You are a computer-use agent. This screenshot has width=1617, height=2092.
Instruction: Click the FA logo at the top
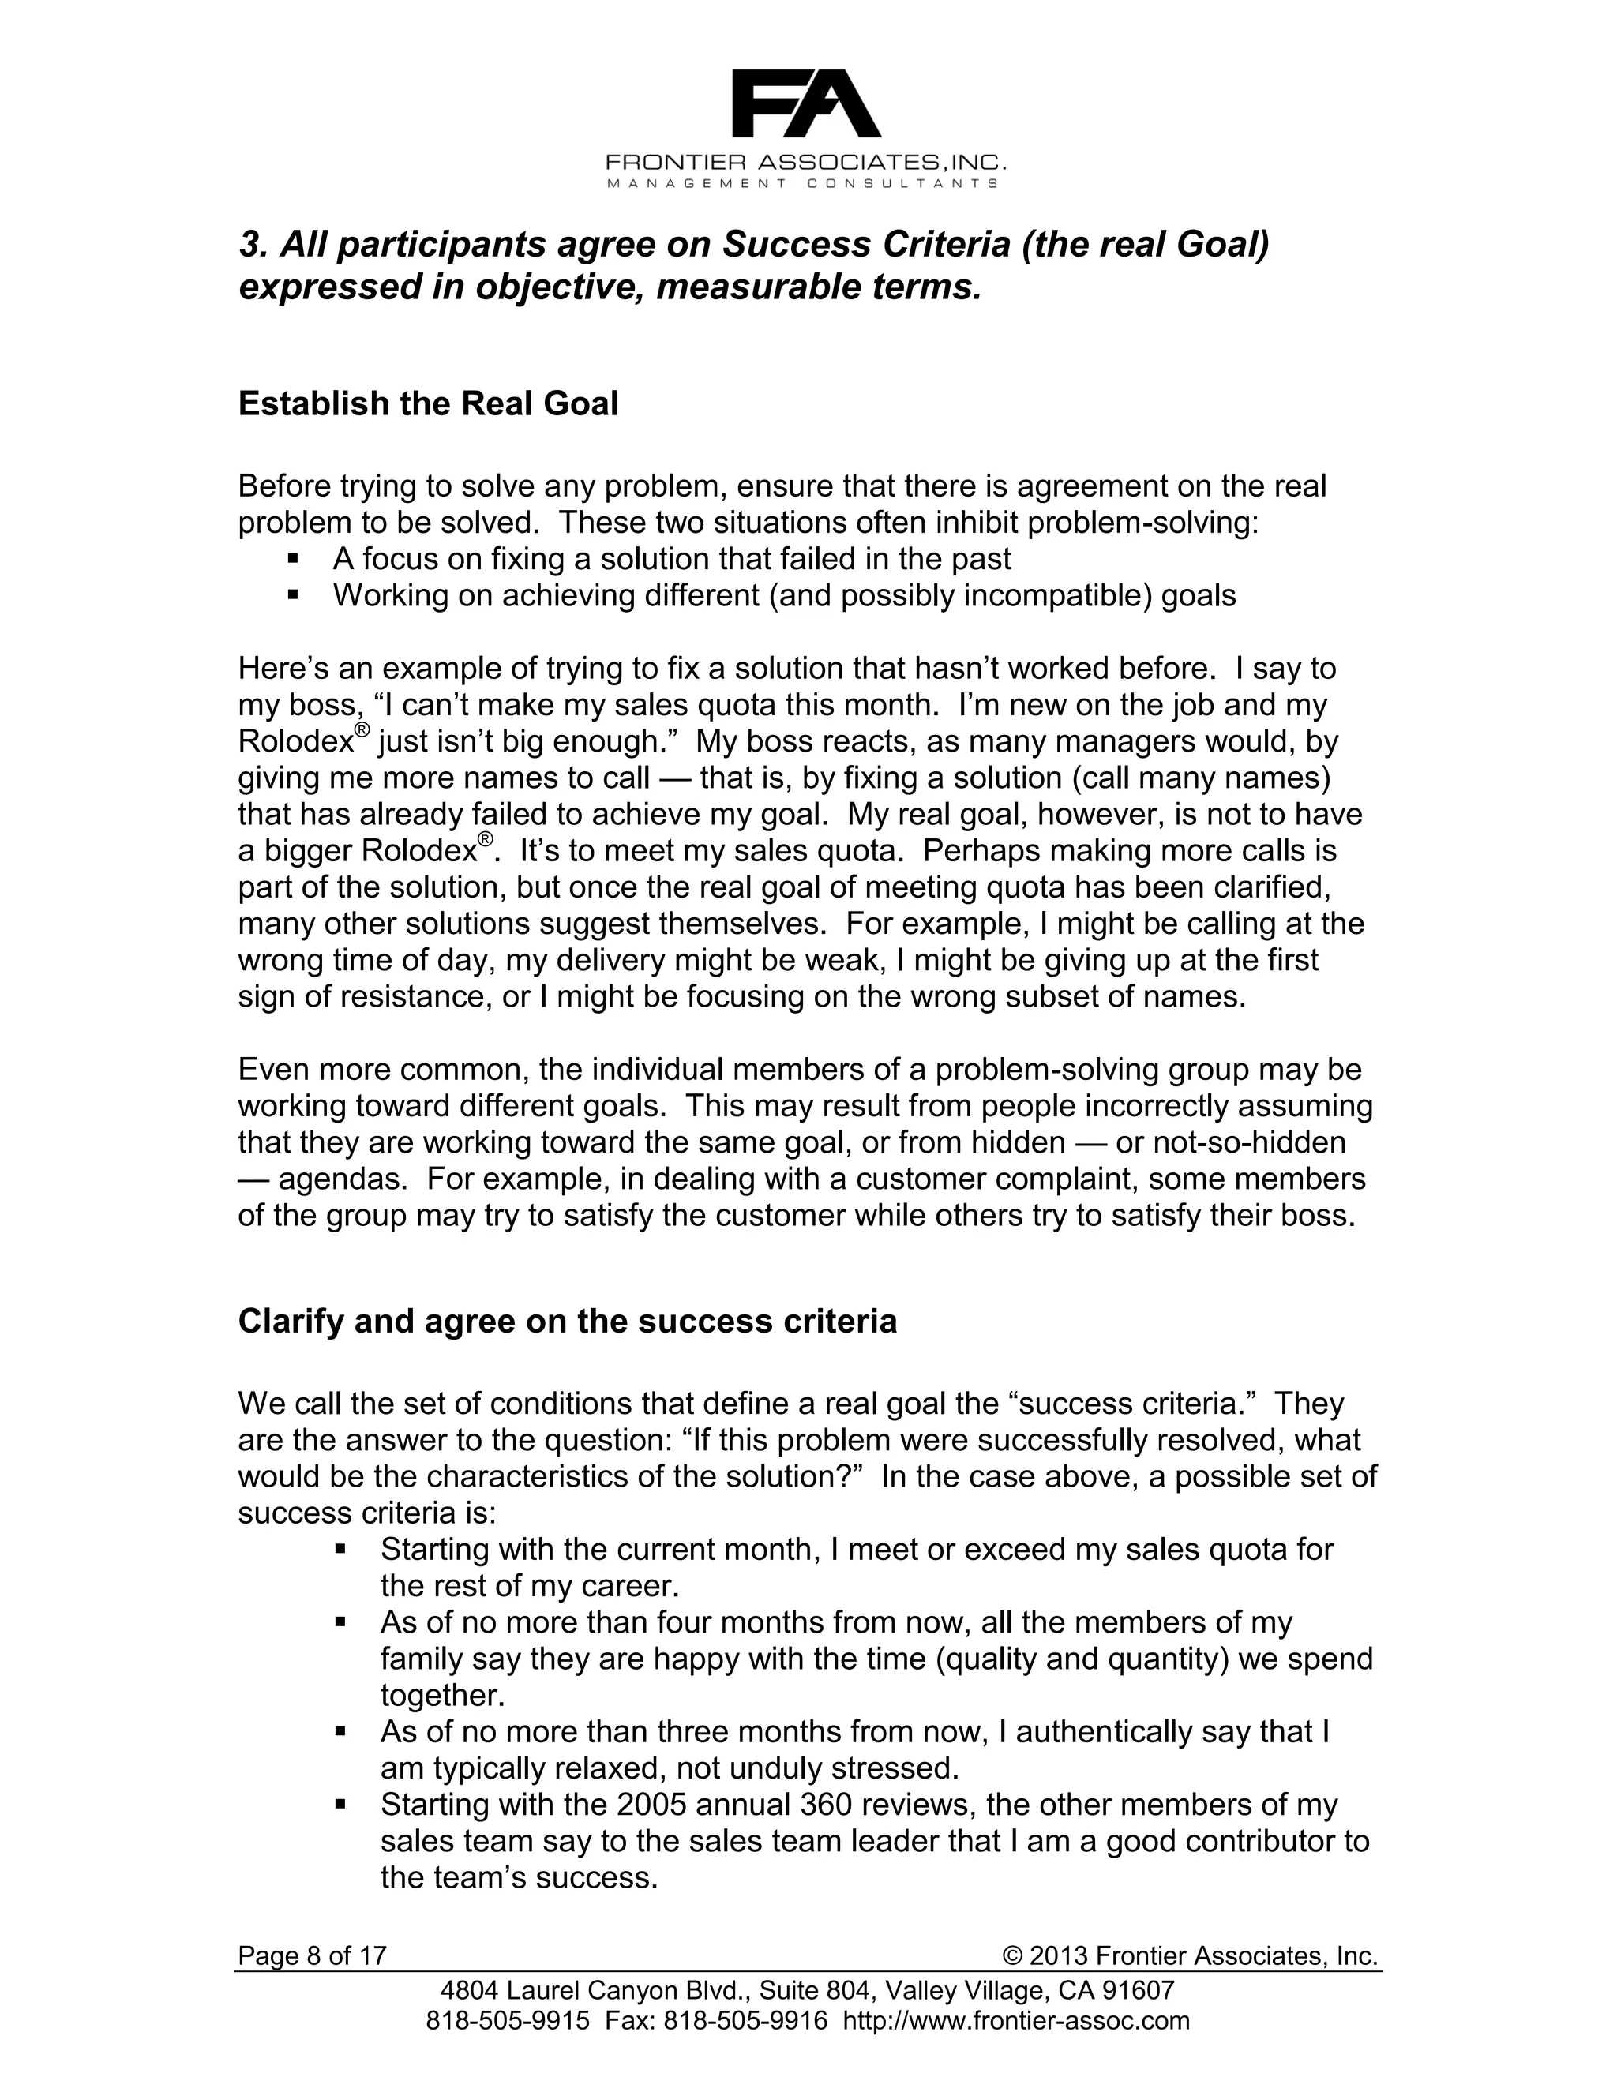805,103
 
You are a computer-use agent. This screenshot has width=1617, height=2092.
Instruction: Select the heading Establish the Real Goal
427,403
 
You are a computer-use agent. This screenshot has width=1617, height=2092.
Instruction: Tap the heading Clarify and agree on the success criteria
567,1321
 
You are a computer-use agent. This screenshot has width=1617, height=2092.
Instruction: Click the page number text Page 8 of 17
313,1955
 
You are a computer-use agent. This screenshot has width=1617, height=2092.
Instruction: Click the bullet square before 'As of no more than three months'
340,1732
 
